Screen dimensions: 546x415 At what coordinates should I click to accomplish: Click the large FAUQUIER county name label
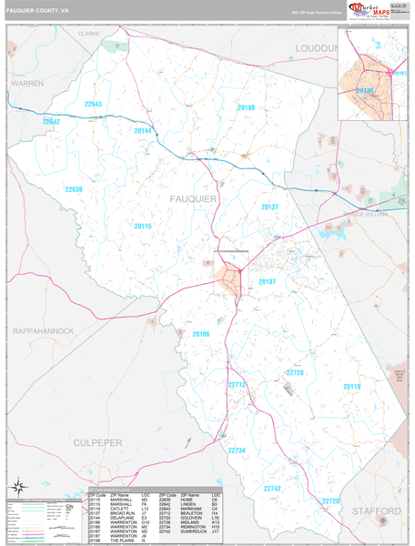193,197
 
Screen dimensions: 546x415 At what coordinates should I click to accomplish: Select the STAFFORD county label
376,511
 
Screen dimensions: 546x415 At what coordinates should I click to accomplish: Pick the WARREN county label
26,83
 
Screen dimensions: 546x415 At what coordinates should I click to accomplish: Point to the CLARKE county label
88,33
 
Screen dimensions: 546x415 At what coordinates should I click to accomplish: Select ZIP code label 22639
74,189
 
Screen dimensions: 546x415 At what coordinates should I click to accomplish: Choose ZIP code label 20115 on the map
143,226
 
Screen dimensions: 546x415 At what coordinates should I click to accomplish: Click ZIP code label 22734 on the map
237,450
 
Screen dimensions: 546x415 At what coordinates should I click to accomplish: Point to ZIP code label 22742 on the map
271,488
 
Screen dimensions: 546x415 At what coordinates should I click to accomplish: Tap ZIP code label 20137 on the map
269,207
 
